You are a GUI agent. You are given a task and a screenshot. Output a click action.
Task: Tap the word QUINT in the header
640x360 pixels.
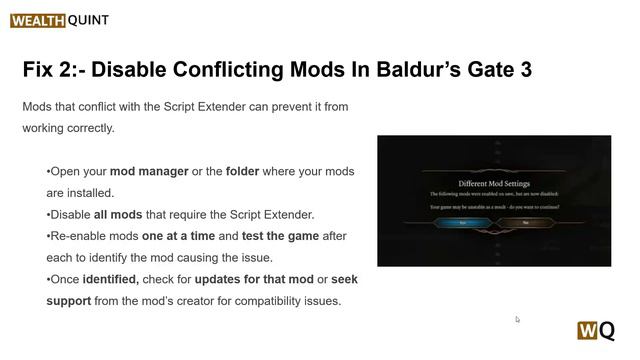(x=89, y=20)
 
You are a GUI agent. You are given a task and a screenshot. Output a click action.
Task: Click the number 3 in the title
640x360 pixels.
(x=522, y=70)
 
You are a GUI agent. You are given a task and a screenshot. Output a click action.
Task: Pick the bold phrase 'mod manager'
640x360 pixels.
(x=148, y=171)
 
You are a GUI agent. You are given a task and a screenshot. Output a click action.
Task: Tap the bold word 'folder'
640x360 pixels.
(x=242, y=171)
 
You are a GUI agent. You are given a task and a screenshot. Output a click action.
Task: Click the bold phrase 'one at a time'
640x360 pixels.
(x=185, y=236)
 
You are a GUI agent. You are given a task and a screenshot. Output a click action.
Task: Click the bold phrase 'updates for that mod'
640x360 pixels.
(x=254, y=279)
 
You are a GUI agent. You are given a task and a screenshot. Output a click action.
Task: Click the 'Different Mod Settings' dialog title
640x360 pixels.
(x=493, y=184)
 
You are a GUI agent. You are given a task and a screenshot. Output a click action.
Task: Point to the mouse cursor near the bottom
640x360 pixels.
(x=517, y=319)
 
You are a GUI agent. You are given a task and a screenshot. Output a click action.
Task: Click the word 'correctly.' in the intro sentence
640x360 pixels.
(x=88, y=128)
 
